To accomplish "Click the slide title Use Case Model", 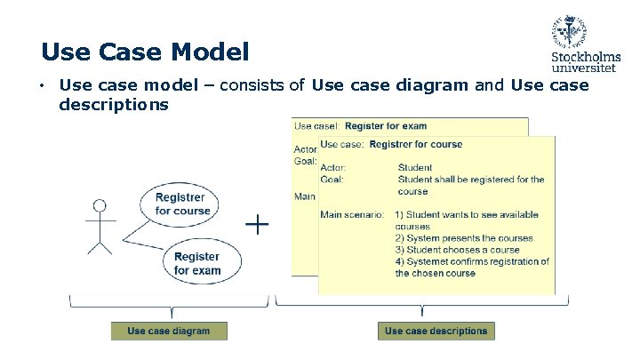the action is pos(145,52).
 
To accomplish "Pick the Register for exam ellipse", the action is pos(196,263).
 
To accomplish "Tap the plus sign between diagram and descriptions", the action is pos(257,224).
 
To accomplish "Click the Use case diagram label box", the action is pos(169,331).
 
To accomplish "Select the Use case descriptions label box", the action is pos(436,331).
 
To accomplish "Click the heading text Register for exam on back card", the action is pos(386,126).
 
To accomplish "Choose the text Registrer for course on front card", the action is pos(415,144).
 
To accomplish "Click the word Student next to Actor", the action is pos(415,167).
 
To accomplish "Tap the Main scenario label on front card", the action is pos(352,214).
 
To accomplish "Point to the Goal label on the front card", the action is pos(332,179).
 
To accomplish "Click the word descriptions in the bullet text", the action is pos(113,105).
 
